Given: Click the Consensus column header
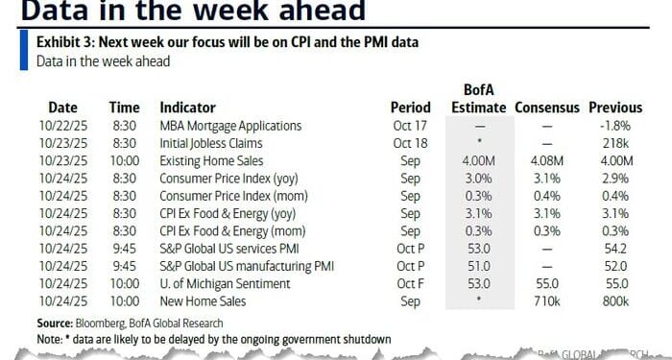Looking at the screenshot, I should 546,108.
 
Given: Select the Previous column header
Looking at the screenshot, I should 614,108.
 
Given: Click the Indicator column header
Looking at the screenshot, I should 187,108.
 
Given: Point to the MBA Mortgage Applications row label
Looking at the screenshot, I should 230,126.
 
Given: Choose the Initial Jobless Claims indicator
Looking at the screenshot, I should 212,143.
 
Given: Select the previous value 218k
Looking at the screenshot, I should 614,143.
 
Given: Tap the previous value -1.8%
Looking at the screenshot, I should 614,126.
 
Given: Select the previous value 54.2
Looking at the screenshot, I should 614,248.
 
